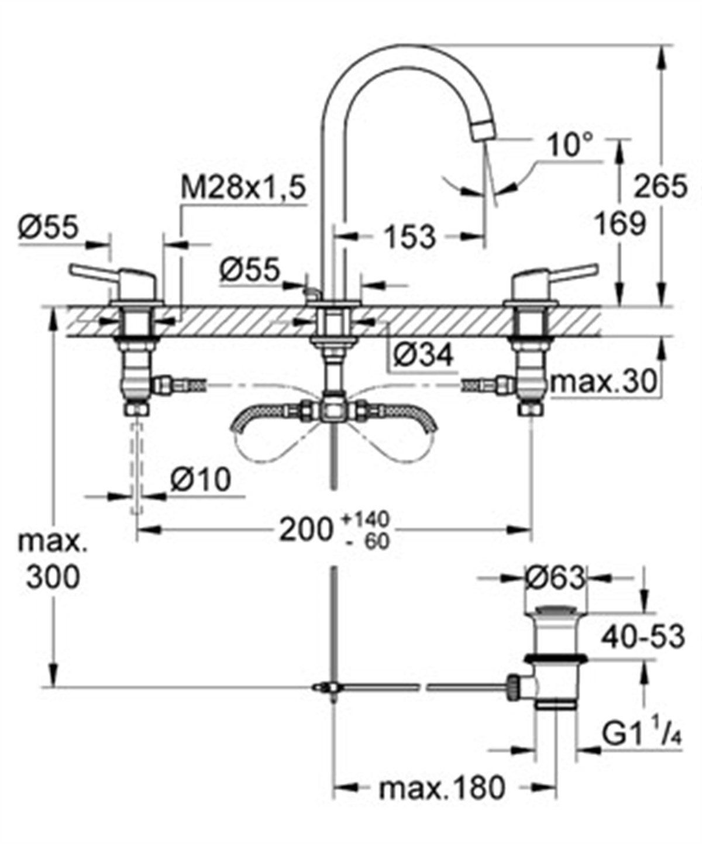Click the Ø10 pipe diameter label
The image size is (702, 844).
(x=200, y=481)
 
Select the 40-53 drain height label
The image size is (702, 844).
(x=643, y=636)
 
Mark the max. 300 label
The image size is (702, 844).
(x=53, y=560)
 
